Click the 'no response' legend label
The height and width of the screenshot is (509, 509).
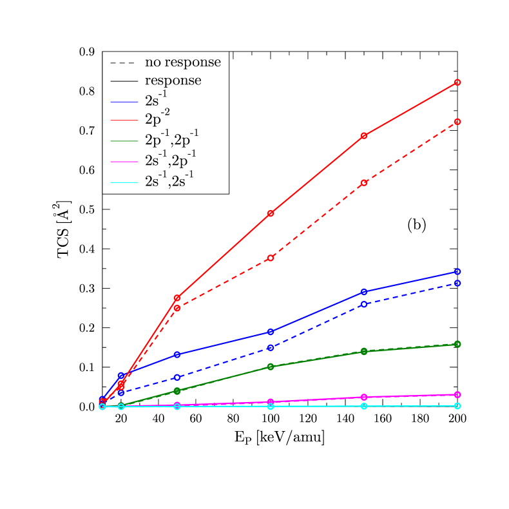[x=182, y=62]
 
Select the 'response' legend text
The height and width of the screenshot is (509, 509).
[x=173, y=81]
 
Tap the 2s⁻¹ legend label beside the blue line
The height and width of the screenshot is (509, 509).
[x=157, y=100]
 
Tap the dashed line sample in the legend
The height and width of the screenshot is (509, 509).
[x=124, y=63]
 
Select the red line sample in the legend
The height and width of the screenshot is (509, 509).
[x=124, y=120]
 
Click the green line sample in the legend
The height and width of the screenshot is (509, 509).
[x=124, y=141]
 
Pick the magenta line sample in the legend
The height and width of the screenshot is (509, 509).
[x=124, y=162]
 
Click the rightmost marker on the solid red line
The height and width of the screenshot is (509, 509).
[x=457, y=82]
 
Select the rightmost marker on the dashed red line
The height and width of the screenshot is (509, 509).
[x=457, y=121]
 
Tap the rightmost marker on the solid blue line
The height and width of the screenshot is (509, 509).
[x=457, y=271]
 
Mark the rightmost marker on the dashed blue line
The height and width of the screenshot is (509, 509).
[x=457, y=283]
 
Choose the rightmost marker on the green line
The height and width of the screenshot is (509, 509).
[x=457, y=344]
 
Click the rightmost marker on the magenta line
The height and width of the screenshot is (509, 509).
[x=457, y=394]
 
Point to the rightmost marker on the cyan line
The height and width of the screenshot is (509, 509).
[x=457, y=406]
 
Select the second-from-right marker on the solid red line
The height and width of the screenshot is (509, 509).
[x=364, y=135]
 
